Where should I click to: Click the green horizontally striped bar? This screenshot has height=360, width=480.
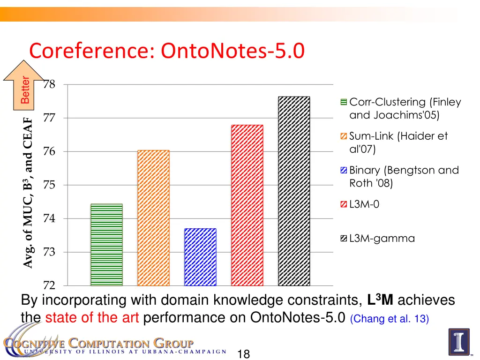pos(106,245)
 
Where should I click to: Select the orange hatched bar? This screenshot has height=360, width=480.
pos(153,218)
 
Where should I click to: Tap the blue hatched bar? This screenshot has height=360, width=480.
pos(200,257)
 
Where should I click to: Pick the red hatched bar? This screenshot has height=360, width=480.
pos(247,205)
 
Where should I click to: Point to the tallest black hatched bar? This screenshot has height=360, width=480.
pos(294,191)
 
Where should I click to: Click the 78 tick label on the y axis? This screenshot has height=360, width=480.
pos(49,84)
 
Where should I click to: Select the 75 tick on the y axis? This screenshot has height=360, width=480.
pos(49,185)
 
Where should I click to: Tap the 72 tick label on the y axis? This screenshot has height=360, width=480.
pos(49,285)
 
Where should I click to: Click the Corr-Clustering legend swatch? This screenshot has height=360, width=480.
pos(344,102)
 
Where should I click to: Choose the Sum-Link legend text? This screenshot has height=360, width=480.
pos(398,142)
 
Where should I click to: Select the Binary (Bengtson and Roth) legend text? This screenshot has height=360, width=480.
pos(404,177)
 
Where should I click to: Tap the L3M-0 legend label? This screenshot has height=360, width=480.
pos(364,204)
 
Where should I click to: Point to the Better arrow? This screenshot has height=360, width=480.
pos(24,86)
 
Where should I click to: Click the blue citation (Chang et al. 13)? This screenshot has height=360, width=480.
pos(389,319)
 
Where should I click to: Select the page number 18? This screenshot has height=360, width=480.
pos(243,354)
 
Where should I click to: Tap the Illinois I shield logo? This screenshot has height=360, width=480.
pos(458,342)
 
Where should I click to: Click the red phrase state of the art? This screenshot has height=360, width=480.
pos(92,318)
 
